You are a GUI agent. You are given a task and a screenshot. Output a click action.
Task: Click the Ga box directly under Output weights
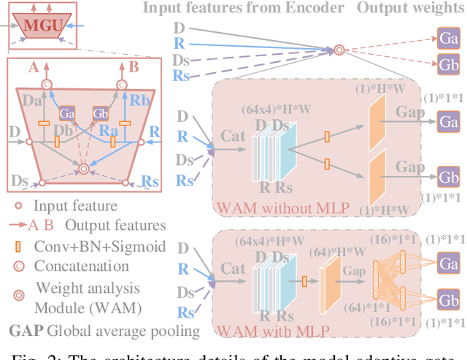point(447,37)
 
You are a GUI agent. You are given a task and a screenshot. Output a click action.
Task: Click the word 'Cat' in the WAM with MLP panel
point(233,269)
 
